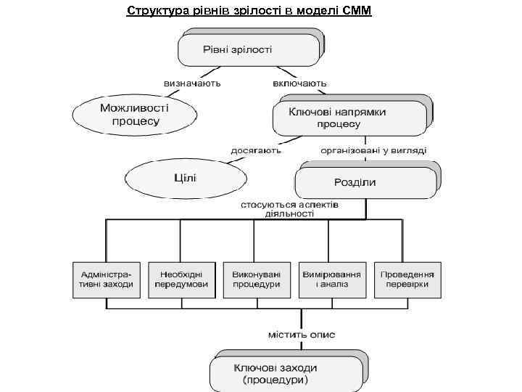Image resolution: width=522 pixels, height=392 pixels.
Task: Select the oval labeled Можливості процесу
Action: point(135,114)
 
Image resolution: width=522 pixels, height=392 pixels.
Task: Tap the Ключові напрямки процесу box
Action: point(348,118)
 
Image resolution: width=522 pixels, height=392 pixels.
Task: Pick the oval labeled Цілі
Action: point(186,178)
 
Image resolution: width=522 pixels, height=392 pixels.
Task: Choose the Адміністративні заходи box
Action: point(103,279)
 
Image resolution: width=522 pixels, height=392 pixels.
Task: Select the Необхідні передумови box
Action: point(179,279)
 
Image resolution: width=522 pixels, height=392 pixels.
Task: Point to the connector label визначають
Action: point(192,83)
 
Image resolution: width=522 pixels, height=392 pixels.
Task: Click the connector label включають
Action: point(299,83)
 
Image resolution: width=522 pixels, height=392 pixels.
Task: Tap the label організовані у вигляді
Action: point(374,150)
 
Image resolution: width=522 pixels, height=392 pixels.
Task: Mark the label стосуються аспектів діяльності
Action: point(290,209)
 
